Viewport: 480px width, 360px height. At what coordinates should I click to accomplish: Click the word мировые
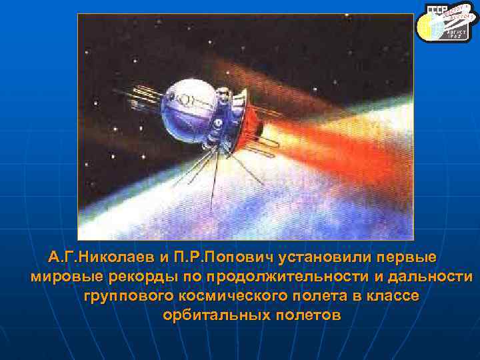point(63,277)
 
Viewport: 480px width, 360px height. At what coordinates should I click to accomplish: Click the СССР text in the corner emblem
point(436,13)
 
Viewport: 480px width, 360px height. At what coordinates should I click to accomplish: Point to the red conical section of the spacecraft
point(246,127)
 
